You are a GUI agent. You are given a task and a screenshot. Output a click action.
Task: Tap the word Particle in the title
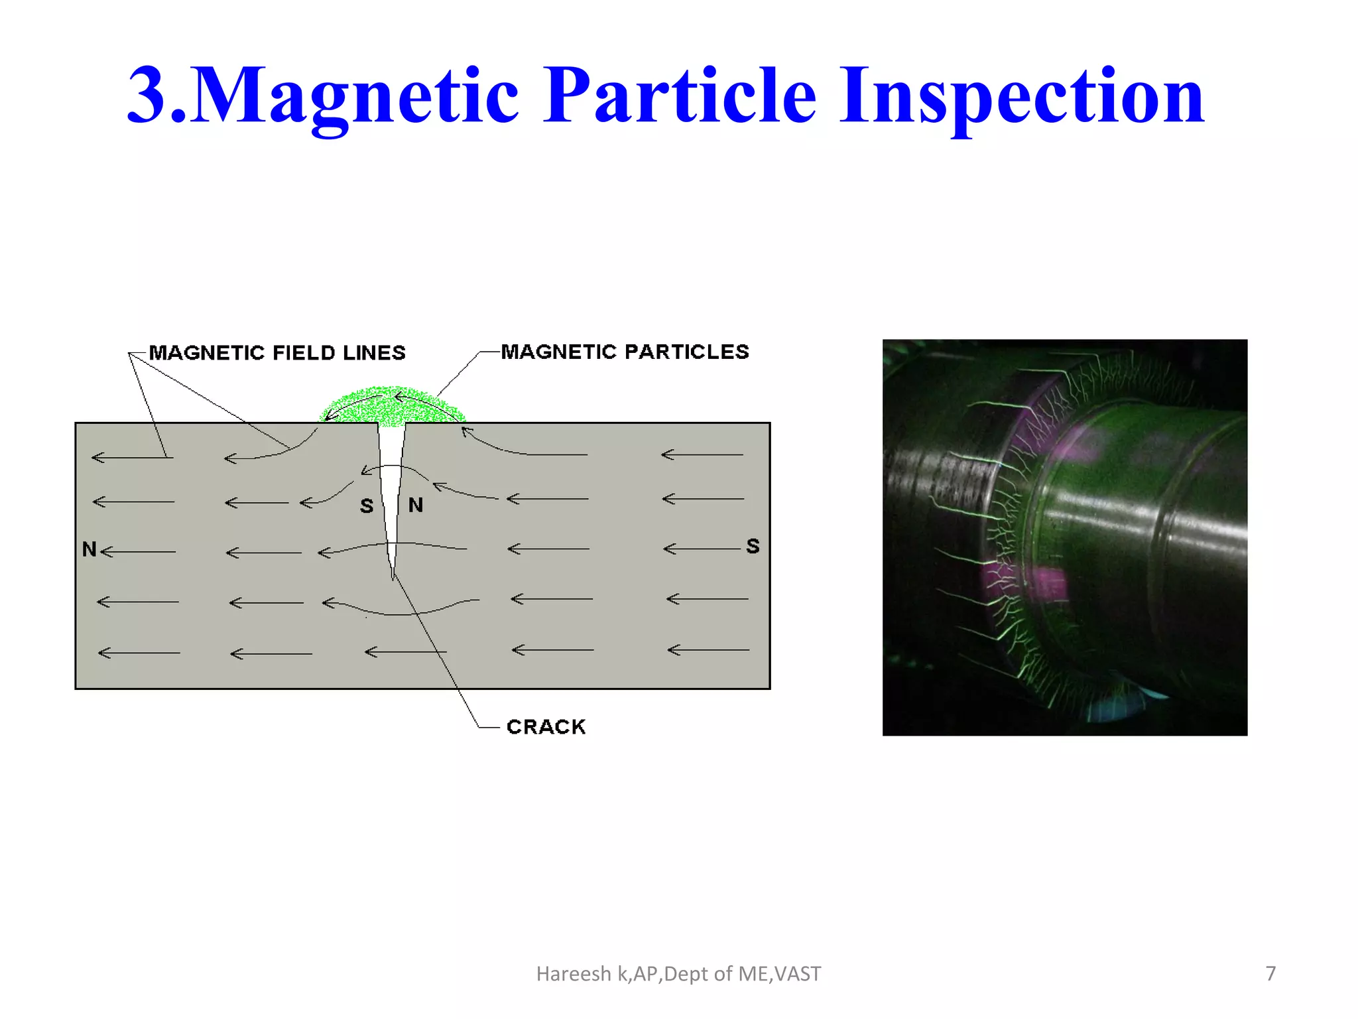point(679,96)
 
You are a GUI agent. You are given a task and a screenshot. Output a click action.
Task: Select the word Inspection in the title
point(1021,96)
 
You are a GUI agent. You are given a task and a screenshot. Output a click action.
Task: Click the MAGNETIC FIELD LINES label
point(277,353)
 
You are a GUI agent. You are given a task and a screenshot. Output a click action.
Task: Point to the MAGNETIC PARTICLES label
point(625,352)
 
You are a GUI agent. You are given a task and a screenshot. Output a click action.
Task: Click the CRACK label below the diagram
point(546,727)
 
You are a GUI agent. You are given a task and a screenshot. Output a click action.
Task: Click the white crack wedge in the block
point(391,478)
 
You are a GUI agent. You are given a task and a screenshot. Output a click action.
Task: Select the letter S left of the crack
point(367,506)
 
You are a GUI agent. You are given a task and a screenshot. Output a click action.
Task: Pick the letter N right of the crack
point(416,506)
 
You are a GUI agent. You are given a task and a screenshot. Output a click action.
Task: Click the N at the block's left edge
point(89,549)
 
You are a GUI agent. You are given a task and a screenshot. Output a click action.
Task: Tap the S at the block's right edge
point(753,547)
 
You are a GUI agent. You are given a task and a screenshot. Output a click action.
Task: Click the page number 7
point(1270,973)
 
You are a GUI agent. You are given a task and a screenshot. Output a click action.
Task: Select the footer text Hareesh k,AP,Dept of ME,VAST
point(678,974)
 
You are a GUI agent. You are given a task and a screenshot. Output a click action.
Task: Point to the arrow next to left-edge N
point(138,551)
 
